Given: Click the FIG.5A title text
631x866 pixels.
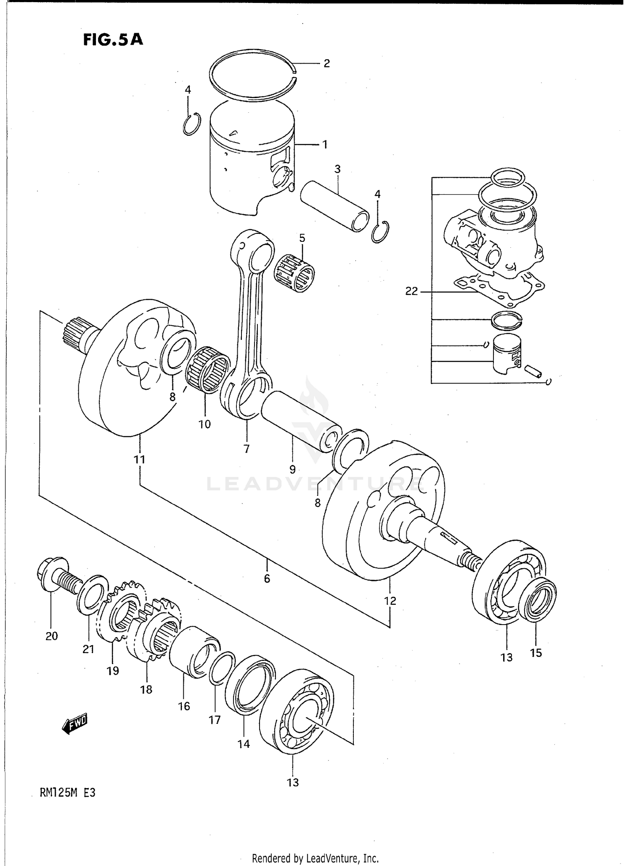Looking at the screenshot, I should click(113, 40).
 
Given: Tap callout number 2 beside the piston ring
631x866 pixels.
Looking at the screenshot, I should click(326, 64).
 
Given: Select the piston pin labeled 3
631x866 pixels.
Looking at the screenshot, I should click(334, 206).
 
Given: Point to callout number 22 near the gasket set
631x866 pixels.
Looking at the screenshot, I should click(411, 291).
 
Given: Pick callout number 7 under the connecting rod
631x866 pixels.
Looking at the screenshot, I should click(247, 449).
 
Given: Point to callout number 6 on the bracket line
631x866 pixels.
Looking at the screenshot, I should click(267, 578).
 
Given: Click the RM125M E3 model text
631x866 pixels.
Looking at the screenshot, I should click(67, 792).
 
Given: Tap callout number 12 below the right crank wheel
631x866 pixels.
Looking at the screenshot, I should click(390, 601).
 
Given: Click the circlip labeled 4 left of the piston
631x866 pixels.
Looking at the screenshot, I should click(192, 124).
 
